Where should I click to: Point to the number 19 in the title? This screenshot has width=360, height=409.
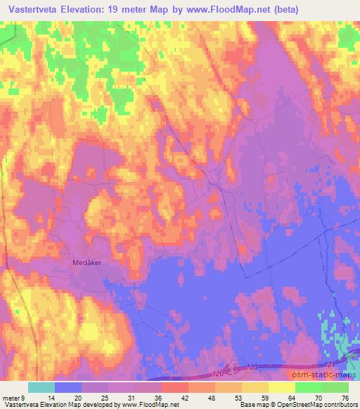click(x=127, y=10)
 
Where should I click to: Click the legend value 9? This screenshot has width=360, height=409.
click(x=23, y=398)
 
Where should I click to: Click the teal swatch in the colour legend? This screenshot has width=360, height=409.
click(x=41, y=387)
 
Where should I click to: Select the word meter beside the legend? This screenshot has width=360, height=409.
click(x=11, y=398)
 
